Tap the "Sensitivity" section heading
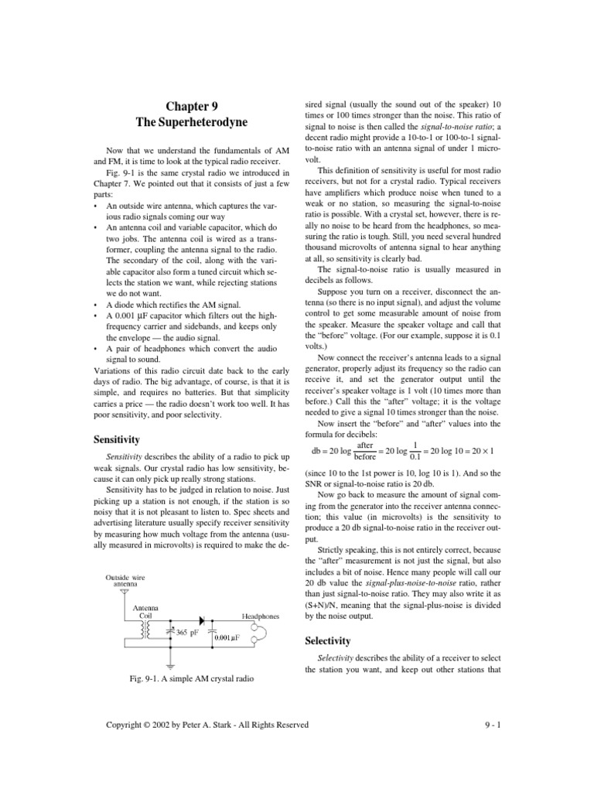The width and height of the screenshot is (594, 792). pyautogui.click(x=117, y=439)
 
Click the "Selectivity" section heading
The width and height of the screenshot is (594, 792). pyautogui.click(x=329, y=641)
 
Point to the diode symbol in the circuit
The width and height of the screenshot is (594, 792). pyautogui.click(x=203, y=620)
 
